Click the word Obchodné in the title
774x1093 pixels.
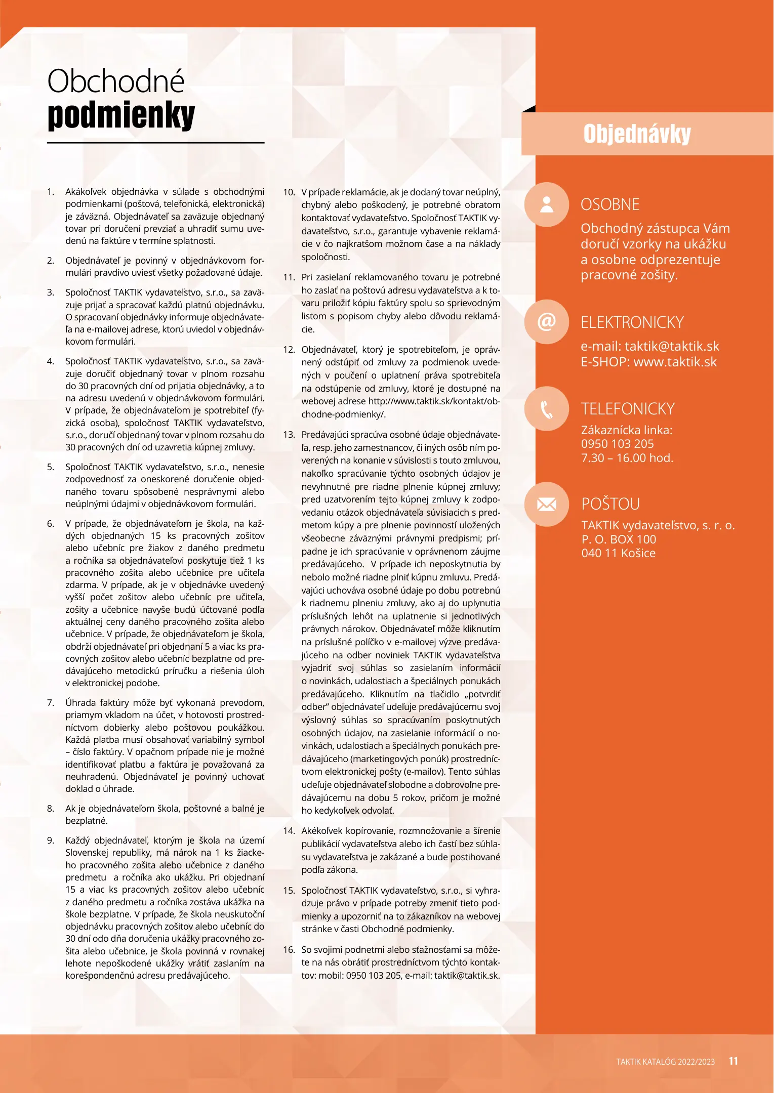tap(116, 81)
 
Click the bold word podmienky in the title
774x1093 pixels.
tap(121, 115)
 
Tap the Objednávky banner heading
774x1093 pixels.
tap(637, 134)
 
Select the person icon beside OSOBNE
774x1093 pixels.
tap(547, 204)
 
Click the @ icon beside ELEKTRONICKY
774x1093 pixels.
tap(547, 322)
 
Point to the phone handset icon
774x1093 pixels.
tap(547, 409)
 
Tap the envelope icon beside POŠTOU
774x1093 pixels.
tap(547, 504)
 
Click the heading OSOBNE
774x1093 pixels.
tap(610, 204)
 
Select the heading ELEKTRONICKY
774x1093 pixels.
tap(632, 322)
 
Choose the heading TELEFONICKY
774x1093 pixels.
tap(628, 409)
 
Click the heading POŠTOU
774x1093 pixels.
tap(610, 504)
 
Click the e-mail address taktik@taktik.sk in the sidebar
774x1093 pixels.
tap(672, 347)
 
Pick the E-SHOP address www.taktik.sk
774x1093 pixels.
tap(675, 362)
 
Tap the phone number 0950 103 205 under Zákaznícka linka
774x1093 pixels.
tap(617, 444)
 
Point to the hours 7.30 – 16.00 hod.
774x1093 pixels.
tap(627, 458)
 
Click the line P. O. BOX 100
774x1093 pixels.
tap(619, 539)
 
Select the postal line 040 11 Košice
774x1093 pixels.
tap(618, 553)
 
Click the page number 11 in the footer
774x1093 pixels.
tap(733, 1061)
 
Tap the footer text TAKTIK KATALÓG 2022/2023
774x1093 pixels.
tap(665, 1062)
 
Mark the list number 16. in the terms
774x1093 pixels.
tap(289, 950)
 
